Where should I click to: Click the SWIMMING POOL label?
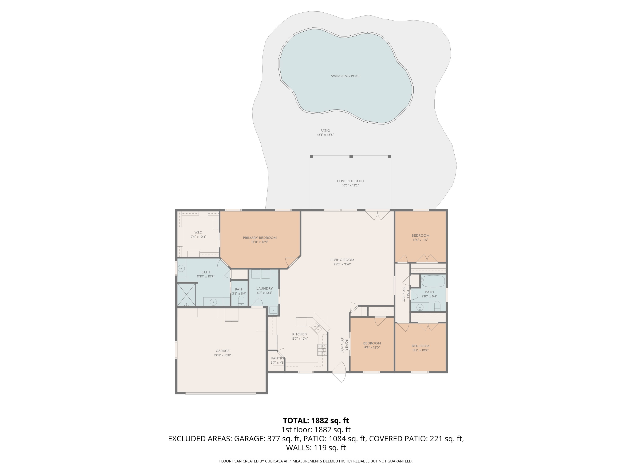coord(345,76)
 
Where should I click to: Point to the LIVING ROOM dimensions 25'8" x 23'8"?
coord(342,265)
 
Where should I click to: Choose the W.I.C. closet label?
coord(198,232)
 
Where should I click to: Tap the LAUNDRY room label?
coord(264,289)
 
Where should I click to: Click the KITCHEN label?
coord(299,334)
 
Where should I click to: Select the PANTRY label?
coord(277,358)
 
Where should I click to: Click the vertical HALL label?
coord(408,294)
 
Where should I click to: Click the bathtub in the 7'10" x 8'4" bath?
coord(433,281)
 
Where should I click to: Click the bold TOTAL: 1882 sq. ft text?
coord(316,420)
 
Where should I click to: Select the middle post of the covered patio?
coord(351,157)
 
